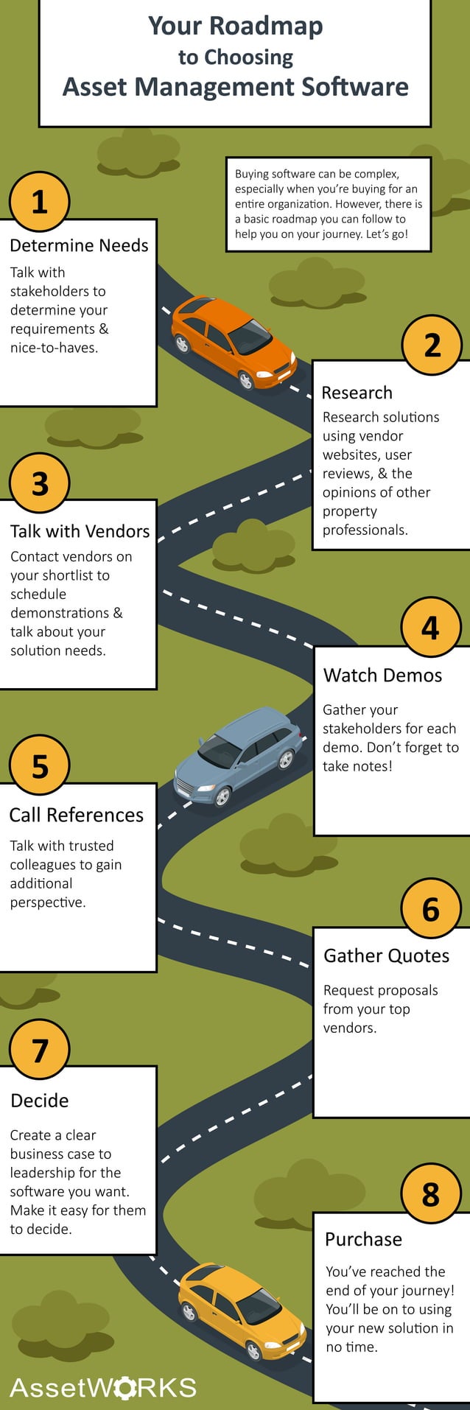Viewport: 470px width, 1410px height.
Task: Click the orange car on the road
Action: click(x=234, y=343)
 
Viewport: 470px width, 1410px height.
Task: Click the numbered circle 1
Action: click(x=39, y=201)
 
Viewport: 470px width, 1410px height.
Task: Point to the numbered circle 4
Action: click(x=430, y=628)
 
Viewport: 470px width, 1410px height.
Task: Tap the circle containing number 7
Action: click(x=39, y=1049)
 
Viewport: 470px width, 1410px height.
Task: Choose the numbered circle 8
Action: click(x=430, y=1193)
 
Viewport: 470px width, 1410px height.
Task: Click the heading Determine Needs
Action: click(x=79, y=245)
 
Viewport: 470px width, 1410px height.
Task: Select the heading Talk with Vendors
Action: click(x=80, y=531)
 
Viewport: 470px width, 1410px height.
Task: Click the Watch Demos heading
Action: click(x=382, y=676)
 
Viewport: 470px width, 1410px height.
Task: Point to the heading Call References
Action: click(x=76, y=815)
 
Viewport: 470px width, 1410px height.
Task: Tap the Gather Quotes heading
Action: click(x=386, y=955)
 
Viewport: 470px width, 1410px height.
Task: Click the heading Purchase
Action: click(x=363, y=1239)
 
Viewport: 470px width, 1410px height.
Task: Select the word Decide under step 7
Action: click(x=40, y=1101)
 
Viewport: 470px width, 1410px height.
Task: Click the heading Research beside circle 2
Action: click(x=357, y=393)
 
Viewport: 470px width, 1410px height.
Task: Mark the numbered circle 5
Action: click(x=39, y=766)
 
